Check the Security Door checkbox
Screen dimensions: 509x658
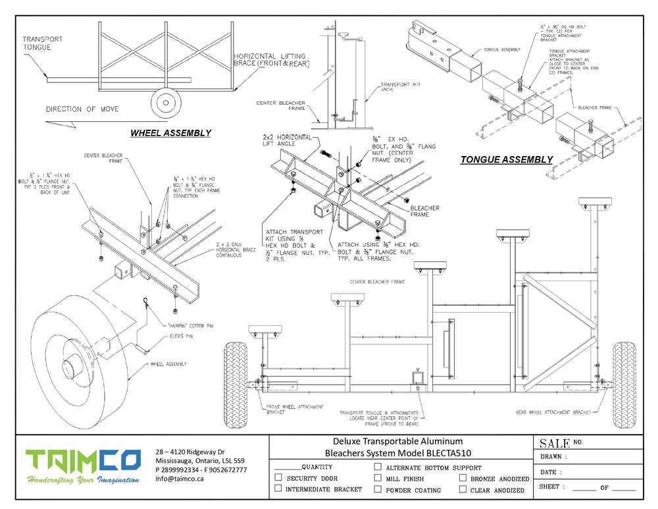click(x=278, y=477)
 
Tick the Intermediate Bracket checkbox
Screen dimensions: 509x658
click(x=278, y=489)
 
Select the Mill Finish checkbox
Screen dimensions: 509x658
click(x=378, y=478)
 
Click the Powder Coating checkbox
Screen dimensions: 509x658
click(x=378, y=489)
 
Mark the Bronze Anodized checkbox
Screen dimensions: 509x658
click(x=463, y=478)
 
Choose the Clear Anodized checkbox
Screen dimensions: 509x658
click(x=463, y=489)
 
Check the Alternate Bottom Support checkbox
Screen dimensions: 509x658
click(x=378, y=467)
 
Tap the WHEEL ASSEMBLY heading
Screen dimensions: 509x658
click(x=170, y=133)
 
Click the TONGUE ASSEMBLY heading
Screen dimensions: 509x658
click(x=506, y=159)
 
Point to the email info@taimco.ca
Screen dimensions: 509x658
click(x=179, y=479)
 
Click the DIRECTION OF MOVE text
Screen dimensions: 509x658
click(x=82, y=109)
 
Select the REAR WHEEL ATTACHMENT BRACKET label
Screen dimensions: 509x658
click(x=554, y=412)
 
